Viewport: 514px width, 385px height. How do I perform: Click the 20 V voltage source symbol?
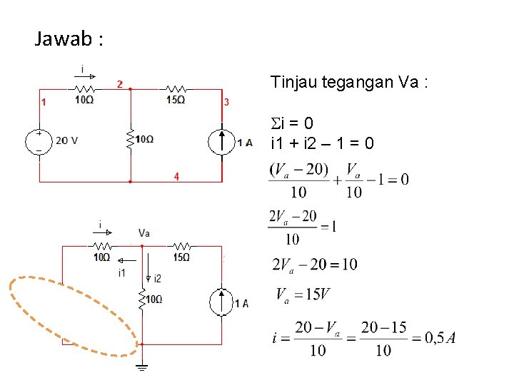[39, 140]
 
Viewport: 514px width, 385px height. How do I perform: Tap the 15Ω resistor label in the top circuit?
[176, 100]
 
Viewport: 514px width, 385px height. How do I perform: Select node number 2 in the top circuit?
[119, 84]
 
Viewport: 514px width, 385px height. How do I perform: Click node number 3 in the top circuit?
[226, 102]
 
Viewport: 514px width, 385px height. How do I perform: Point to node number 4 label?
[176, 176]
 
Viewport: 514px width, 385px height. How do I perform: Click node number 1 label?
[44, 102]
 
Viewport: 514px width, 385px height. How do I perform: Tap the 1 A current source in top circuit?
[222, 141]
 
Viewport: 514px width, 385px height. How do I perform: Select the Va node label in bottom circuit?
[144, 232]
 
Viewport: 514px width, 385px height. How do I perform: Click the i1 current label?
[121, 272]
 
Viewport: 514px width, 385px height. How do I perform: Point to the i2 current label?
[156, 278]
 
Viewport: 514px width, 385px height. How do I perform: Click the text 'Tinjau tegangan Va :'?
[349, 83]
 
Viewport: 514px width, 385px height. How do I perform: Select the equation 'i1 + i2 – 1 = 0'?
[322, 144]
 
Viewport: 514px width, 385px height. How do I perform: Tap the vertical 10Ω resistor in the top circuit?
[131, 139]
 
